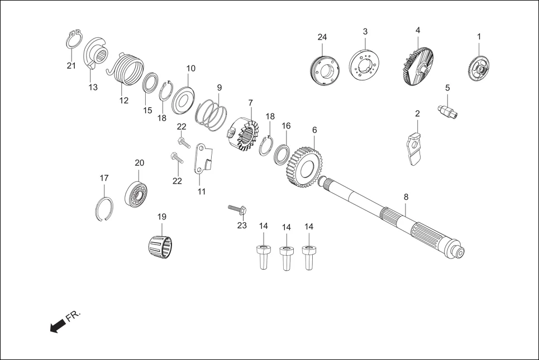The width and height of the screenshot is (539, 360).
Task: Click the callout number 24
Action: click(x=322, y=37)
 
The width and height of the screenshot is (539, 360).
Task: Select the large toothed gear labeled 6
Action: click(x=302, y=167)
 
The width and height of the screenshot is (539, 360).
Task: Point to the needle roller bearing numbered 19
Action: click(x=160, y=247)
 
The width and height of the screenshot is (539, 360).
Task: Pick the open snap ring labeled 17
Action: click(x=104, y=209)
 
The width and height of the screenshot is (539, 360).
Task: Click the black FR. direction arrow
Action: click(x=58, y=325)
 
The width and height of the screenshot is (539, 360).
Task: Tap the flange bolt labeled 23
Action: click(x=238, y=209)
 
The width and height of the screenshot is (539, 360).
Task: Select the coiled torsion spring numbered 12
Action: click(x=126, y=69)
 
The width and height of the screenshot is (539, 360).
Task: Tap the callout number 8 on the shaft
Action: click(x=406, y=197)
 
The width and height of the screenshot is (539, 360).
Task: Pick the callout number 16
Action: click(x=286, y=126)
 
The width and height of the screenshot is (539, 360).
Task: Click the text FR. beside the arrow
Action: click(x=73, y=315)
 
